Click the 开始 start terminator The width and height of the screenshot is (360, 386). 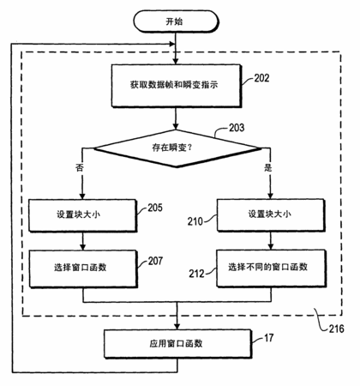point(176,21)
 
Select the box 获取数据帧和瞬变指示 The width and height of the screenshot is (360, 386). point(177,86)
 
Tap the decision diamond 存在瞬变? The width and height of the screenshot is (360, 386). point(177,148)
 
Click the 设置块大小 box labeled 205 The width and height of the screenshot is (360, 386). point(82,215)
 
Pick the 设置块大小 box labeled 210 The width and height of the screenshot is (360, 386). point(271,214)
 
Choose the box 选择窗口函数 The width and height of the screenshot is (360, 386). point(83,268)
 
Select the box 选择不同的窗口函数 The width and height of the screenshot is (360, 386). point(271,268)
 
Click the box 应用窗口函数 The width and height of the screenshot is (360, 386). point(177,344)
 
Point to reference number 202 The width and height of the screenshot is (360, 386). point(261,78)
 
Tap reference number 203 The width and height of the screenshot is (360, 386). point(237,128)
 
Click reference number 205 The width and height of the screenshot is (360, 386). point(155,208)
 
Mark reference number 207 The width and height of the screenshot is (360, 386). point(155,261)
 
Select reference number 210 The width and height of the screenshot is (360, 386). point(195,221)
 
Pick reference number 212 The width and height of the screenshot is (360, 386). point(196,274)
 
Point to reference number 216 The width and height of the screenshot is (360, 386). point(336,329)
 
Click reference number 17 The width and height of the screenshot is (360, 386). point(268,338)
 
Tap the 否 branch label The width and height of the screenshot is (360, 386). point(80,167)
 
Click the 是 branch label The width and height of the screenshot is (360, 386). point(267,167)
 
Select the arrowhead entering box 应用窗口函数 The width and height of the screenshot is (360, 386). point(177,327)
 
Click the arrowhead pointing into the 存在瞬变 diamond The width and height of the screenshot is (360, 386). point(176,126)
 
